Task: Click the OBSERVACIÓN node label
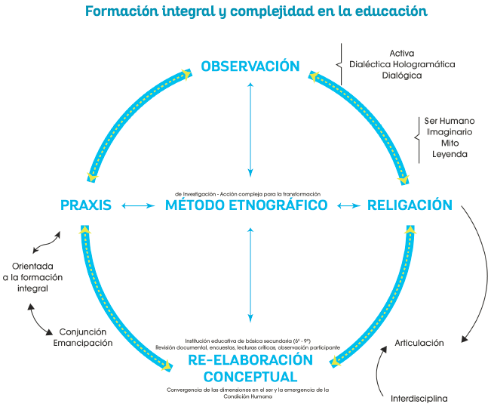pyautogui.click(x=250, y=66)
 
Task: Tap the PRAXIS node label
pyautogui.click(x=86, y=205)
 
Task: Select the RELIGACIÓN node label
pyautogui.click(x=409, y=205)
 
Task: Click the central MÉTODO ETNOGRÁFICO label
pyautogui.click(x=247, y=205)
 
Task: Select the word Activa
pyautogui.click(x=402, y=53)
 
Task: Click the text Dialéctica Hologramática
pyautogui.click(x=402, y=64)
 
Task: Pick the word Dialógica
pyautogui.click(x=402, y=76)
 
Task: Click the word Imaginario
pyautogui.click(x=450, y=131)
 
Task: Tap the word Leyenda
pyautogui.click(x=450, y=154)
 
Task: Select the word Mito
pyautogui.click(x=450, y=143)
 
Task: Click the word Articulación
pyautogui.click(x=419, y=343)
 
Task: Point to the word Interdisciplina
pyautogui.click(x=419, y=398)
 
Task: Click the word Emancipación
pyautogui.click(x=83, y=343)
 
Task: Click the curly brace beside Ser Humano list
pyautogui.click(x=417, y=137)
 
